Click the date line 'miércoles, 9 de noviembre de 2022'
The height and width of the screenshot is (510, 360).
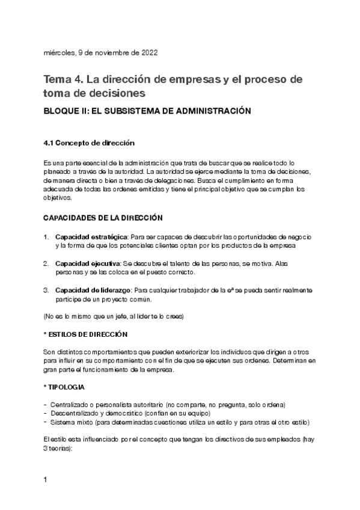coord(100,52)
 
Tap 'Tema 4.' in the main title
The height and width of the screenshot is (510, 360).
coord(63,79)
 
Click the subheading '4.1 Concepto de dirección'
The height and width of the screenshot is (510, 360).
coord(89,143)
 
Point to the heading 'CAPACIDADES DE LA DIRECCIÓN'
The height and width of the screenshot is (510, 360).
coord(102,217)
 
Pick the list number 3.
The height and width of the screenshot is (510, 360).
coord(46,290)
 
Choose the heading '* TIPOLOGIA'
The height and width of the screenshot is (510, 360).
coord(64,387)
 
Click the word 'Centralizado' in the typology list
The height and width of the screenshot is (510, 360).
coord(72,405)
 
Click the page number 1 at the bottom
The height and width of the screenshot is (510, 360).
coord(46,481)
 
